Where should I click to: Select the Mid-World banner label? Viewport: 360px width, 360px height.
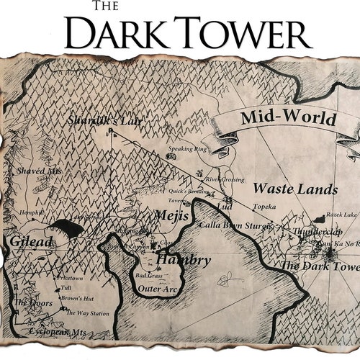click(x=287, y=118)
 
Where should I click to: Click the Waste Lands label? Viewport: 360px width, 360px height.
click(x=295, y=189)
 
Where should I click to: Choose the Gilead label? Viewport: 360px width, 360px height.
click(x=31, y=242)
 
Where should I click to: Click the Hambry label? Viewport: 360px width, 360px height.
click(x=183, y=260)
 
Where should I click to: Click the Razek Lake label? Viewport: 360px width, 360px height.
click(x=341, y=215)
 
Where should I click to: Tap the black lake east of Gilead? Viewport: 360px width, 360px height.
click(x=69, y=229)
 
